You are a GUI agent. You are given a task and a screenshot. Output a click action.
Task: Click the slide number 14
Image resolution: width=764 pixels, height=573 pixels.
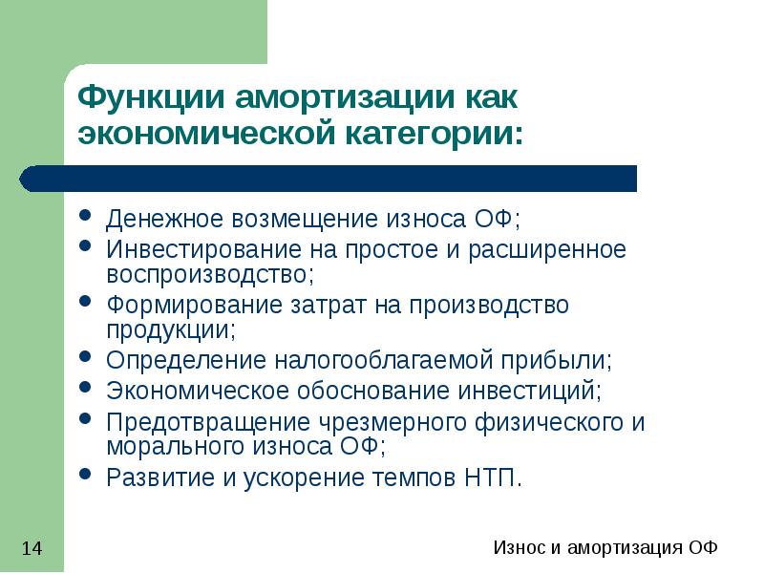click(x=32, y=548)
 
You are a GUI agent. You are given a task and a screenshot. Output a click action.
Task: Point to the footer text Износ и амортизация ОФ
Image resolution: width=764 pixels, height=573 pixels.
click(x=605, y=548)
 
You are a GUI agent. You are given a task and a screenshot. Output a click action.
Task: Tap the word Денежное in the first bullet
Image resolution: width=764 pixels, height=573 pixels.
click(x=162, y=221)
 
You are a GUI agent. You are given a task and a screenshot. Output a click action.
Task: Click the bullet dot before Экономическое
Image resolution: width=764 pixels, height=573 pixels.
click(x=86, y=390)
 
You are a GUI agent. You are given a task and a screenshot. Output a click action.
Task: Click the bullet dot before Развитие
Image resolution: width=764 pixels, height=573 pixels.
click(x=86, y=476)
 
